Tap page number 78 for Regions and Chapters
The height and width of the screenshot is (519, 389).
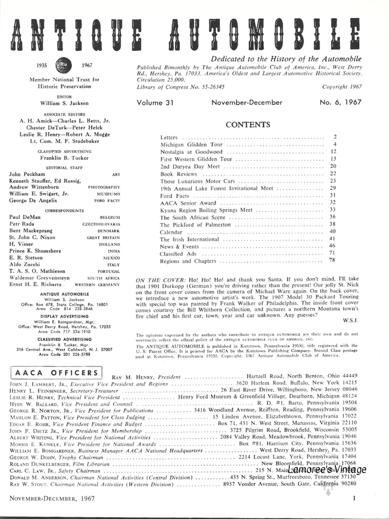coord(333,261)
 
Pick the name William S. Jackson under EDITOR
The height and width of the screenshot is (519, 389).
coord(64,102)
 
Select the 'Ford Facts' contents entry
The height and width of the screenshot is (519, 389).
coord(174,196)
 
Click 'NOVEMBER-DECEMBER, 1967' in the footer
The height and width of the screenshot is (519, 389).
coord(50,499)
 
